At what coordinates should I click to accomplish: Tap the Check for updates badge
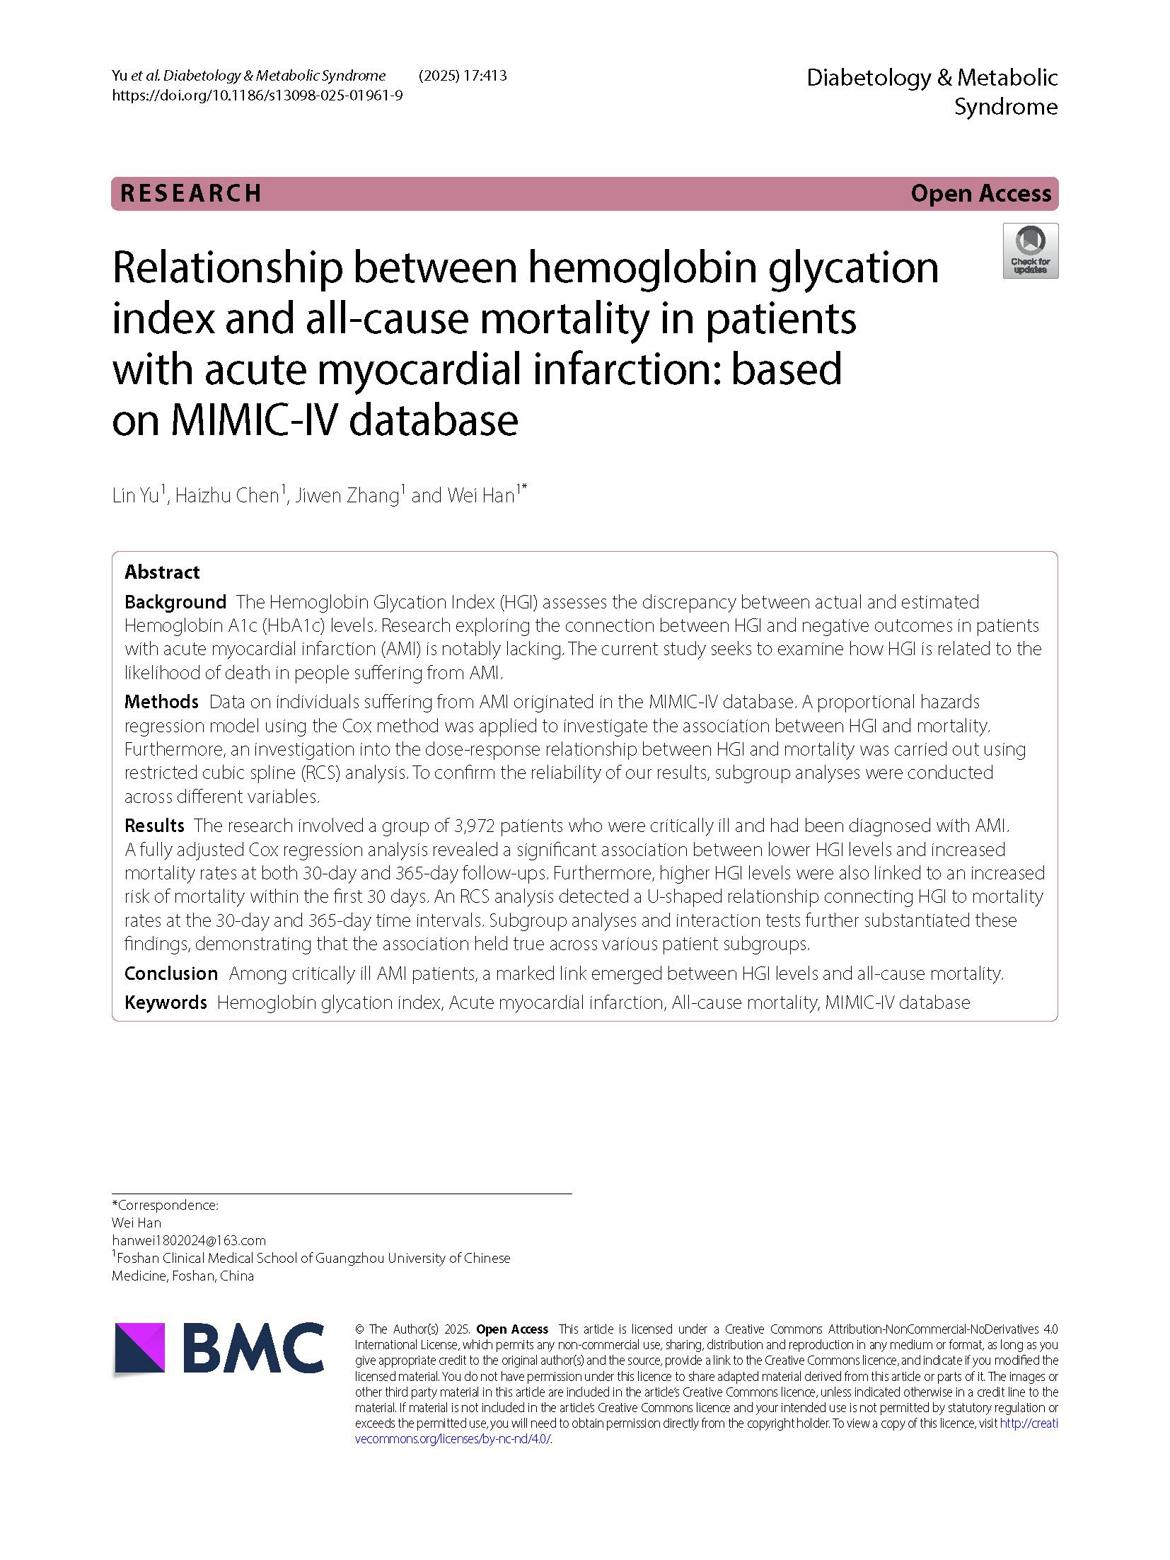pyautogui.click(x=1030, y=250)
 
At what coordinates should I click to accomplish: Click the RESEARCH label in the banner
pyautogui.click(x=191, y=193)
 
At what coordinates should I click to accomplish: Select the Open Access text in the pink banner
pyautogui.click(x=980, y=193)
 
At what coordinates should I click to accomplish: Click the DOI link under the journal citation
pyautogui.click(x=257, y=96)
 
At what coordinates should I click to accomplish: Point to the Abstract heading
pyautogui.click(x=162, y=572)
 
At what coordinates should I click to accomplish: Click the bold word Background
pyautogui.click(x=175, y=602)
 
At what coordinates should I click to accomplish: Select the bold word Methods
pyautogui.click(x=161, y=702)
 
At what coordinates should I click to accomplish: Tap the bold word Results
pyautogui.click(x=154, y=826)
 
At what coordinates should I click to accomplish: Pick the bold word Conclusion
pyautogui.click(x=171, y=973)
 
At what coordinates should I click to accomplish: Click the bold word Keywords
pyautogui.click(x=166, y=1003)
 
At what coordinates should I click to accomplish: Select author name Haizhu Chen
pyautogui.click(x=227, y=495)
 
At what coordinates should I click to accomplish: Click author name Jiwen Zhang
pyautogui.click(x=347, y=495)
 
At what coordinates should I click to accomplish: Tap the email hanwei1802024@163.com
pyautogui.click(x=189, y=1240)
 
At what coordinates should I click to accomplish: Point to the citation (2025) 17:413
pyautogui.click(x=463, y=76)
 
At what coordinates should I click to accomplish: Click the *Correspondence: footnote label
pyautogui.click(x=165, y=1205)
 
